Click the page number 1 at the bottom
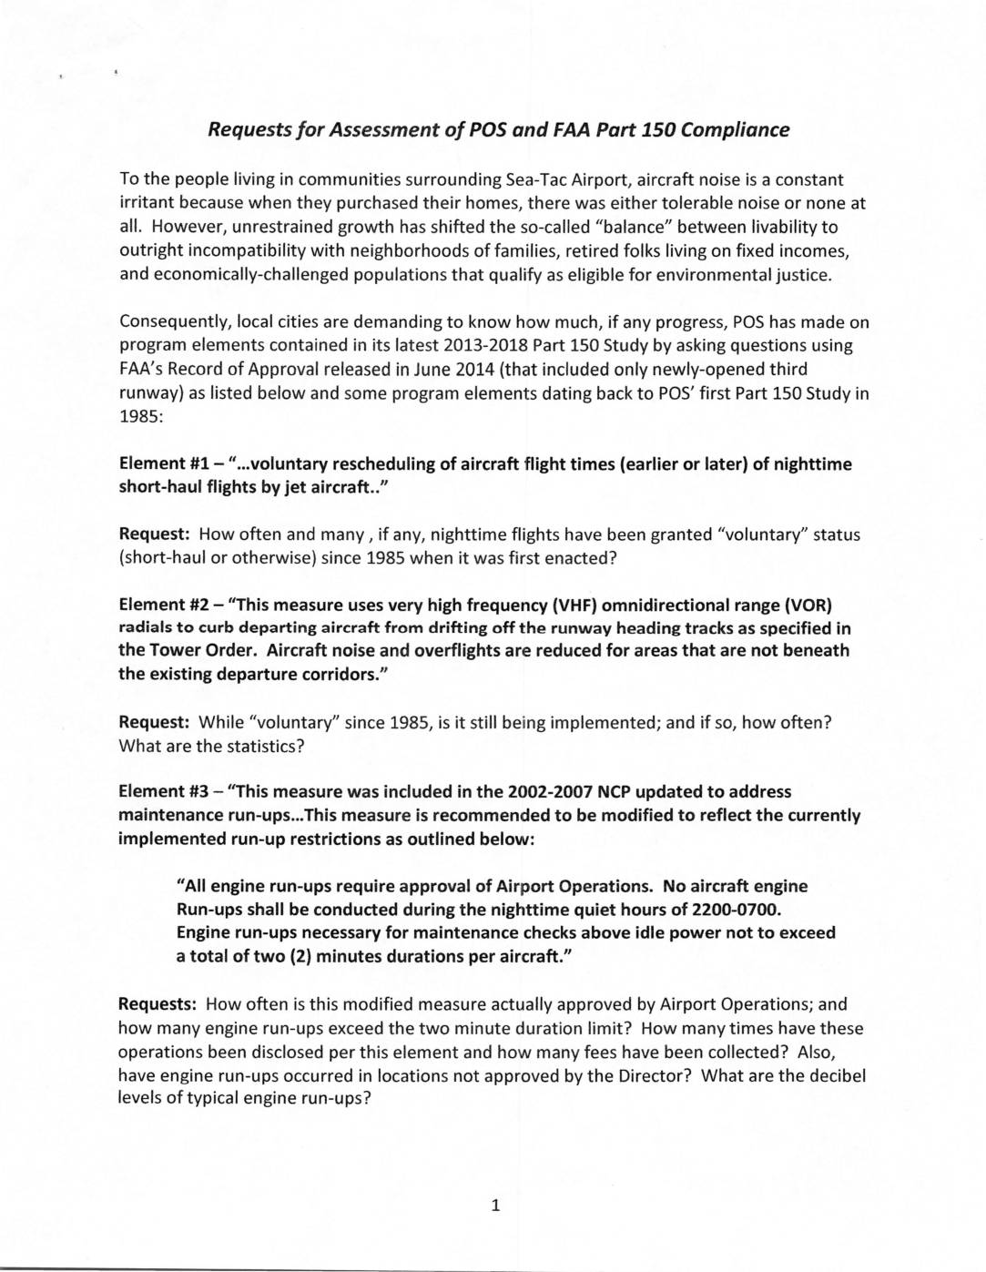pyautogui.click(x=495, y=1206)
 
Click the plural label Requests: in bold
pyautogui.click(x=158, y=1004)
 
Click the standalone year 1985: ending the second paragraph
pyautogui.click(x=139, y=416)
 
